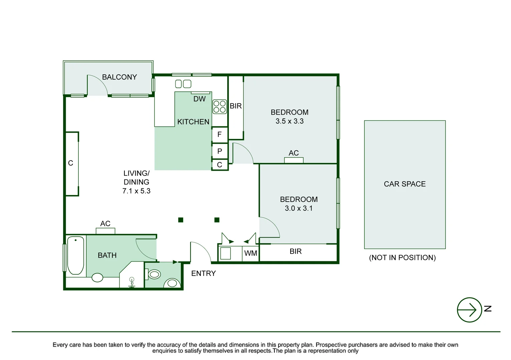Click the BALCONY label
(x=119, y=77)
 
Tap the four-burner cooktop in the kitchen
(x=219, y=107)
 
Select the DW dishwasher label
(x=199, y=99)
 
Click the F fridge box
(x=220, y=135)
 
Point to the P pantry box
(x=220, y=151)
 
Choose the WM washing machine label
(x=250, y=253)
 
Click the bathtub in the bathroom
(x=76, y=255)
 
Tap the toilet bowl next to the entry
(x=154, y=274)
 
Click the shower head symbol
(x=132, y=282)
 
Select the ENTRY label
(x=203, y=273)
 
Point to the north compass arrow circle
(x=469, y=310)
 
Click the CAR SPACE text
(x=405, y=184)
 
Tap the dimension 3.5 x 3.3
(x=290, y=121)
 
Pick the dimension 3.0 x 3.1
(x=299, y=208)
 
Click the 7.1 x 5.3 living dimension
(x=136, y=191)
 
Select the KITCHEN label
(x=193, y=122)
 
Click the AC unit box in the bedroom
(x=294, y=160)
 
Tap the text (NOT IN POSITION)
(x=402, y=258)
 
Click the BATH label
(x=107, y=255)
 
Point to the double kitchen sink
(x=183, y=84)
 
